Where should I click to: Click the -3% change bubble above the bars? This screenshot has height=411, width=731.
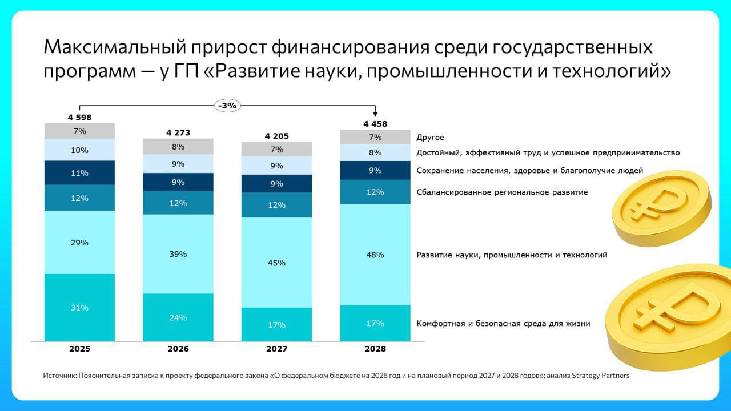(227, 106)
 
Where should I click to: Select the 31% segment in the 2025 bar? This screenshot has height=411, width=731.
(79, 308)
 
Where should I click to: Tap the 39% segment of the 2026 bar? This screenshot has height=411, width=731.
(178, 254)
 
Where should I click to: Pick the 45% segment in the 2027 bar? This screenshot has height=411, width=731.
(276, 263)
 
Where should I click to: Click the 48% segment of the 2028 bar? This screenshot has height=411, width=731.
(375, 255)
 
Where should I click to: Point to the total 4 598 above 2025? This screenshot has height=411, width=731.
(79, 118)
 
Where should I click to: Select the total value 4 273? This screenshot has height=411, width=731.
(178, 133)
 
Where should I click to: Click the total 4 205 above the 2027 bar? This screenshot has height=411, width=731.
(276, 136)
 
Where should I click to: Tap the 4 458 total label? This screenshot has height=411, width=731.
(375, 124)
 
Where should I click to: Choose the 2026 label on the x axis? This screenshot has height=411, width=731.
(178, 349)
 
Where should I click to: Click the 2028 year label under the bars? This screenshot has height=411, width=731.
(375, 349)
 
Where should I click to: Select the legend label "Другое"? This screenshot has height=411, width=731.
(430, 138)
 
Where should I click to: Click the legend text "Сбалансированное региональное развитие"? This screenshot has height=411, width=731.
(502, 192)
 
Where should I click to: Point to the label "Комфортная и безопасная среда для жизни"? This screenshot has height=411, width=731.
(503, 324)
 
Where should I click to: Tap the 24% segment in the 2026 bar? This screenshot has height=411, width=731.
(178, 317)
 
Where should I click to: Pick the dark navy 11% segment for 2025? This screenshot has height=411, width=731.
(79, 173)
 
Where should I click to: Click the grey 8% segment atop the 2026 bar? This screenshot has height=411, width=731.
(178, 147)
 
